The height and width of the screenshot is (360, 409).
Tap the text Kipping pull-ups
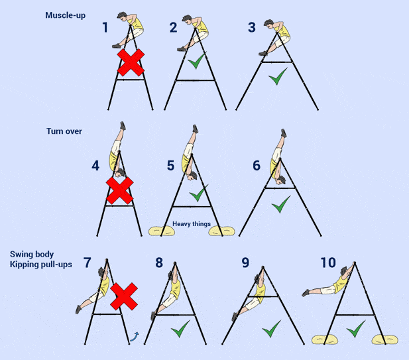tap(41, 265)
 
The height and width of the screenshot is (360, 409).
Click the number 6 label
tap(256, 165)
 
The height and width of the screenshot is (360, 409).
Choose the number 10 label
tap(328, 263)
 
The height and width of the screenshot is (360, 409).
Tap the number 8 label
tap(159, 263)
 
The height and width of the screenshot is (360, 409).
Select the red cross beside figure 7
tap(123, 296)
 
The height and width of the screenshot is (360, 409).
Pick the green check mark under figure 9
tap(270, 328)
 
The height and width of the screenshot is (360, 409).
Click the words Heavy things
tap(192, 224)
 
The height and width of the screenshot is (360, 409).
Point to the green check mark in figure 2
tap(195, 64)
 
